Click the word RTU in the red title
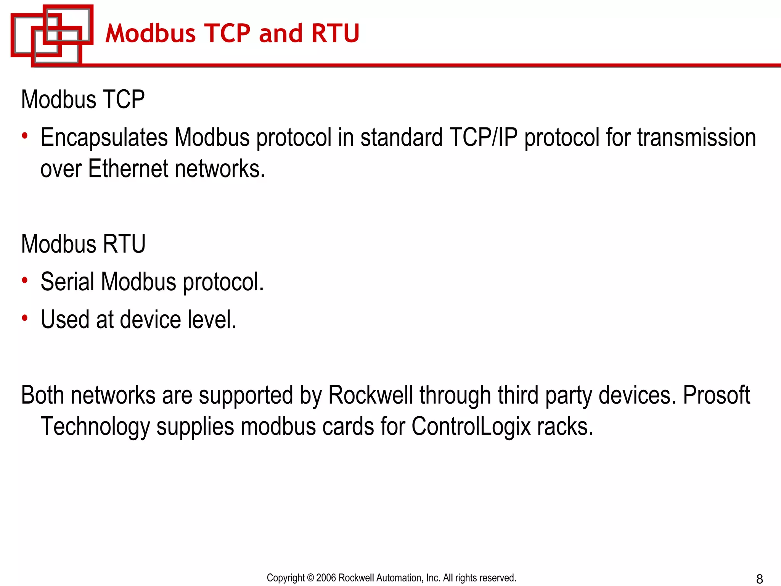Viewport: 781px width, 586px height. (x=335, y=33)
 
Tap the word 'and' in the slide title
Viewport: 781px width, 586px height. (x=281, y=33)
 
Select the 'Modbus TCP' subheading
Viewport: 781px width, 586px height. (x=83, y=100)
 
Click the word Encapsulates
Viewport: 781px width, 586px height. (x=104, y=137)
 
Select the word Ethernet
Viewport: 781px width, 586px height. (x=128, y=169)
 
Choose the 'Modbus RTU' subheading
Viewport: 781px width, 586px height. (x=83, y=244)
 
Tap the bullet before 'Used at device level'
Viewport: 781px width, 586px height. (x=25, y=318)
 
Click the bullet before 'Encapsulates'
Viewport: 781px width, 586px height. (x=25, y=136)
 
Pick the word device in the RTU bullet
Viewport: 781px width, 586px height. (x=150, y=319)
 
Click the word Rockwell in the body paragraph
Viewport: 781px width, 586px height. (x=370, y=395)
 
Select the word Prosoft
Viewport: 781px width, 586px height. (x=716, y=395)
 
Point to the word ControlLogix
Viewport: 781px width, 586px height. (x=471, y=427)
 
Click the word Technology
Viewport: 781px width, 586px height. (x=95, y=427)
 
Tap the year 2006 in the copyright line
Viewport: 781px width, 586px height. (x=326, y=578)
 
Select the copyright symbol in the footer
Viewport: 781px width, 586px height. (x=310, y=578)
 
